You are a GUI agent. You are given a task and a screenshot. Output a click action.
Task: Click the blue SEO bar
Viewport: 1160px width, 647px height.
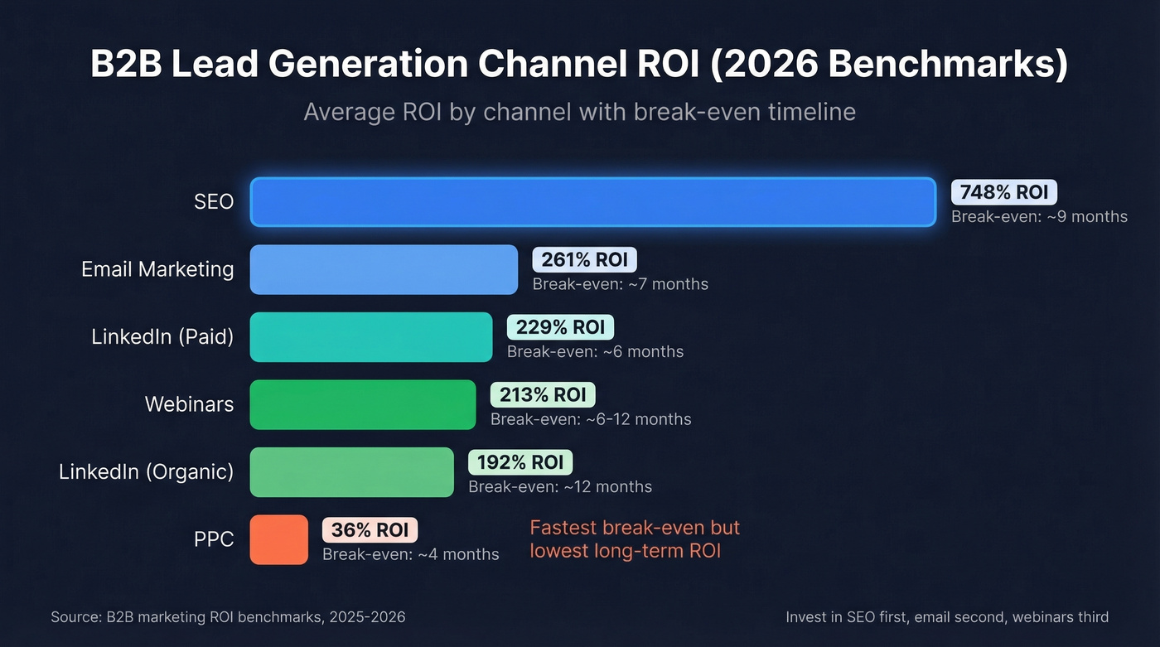coord(592,201)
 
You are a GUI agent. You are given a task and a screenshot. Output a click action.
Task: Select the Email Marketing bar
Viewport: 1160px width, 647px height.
coord(384,269)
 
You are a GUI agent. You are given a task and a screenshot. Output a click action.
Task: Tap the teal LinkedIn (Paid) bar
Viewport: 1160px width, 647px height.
coord(371,337)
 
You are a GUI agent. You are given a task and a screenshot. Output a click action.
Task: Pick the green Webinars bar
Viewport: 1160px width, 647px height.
coord(363,405)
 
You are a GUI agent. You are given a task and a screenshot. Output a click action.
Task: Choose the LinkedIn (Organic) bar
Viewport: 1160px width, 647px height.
coord(352,472)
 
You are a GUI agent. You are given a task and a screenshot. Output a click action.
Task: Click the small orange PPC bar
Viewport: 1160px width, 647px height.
coord(279,540)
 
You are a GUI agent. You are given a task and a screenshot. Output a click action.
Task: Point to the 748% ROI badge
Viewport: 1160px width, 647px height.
coord(1004,192)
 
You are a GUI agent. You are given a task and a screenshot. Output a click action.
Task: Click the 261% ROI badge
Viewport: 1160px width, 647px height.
coord(584,260)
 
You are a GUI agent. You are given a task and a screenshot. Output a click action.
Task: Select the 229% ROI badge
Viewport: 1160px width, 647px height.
coord(560,327)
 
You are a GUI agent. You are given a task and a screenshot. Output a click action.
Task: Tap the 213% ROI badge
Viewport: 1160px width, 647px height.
coord(543,394)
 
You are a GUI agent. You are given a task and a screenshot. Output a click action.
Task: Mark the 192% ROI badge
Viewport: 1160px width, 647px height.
coord(520,462)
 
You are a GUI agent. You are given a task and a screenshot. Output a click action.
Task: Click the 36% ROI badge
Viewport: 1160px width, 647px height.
coord(370,530)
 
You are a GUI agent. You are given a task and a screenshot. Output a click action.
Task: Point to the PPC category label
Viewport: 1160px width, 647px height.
coord(214,540)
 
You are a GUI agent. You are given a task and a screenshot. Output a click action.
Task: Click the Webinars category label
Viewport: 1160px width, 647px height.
coord(189,404)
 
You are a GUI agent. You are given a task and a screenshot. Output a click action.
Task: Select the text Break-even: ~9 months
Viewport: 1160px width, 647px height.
coord(1039,216)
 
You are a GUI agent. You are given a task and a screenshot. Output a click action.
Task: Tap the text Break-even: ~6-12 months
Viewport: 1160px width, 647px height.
coord(590,419)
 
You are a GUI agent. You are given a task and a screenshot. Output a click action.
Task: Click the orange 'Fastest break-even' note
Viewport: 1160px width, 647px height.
coord(634,539)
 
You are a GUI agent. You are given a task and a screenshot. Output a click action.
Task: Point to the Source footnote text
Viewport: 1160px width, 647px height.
coord(228,617)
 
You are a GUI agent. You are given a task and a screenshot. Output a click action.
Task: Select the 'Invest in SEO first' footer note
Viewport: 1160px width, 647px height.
coord(946,617)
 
